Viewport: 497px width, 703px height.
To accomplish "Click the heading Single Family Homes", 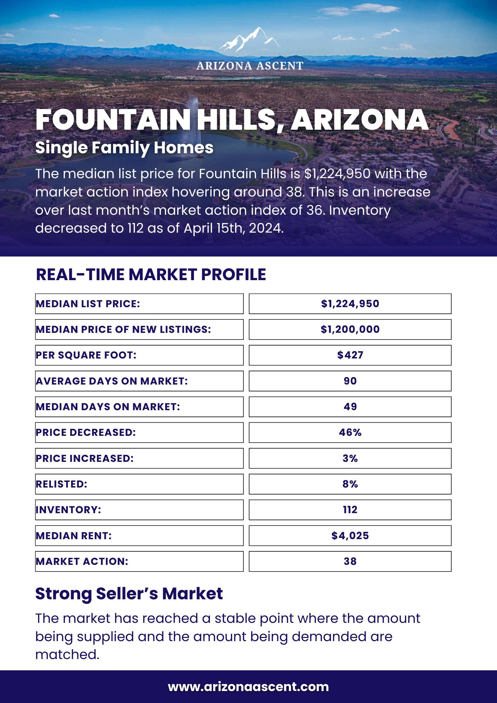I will pyautogui.click(x=124, y=148).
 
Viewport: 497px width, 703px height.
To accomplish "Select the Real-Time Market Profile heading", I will pyautogui.click(x=151, y=275).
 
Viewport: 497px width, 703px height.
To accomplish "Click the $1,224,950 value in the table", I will pyautogui.click(x=350, y=304).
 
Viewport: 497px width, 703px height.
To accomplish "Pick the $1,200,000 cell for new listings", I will pyautogui.click(x=350, y=329).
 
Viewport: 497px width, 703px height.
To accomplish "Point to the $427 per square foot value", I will pyautogui.click(x=350, y=355).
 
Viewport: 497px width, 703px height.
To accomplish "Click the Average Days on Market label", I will pyautogui.click(x=112, y=381).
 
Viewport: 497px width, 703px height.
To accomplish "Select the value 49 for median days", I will pyautogui.click(x=350, y=407).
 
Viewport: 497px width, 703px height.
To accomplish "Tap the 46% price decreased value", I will pyautogui.click(x=350, y=432).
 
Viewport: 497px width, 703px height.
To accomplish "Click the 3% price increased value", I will pyautogui.click(x=350, y=458).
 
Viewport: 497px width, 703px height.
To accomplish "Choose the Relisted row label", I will pyautogui.click(x=62, y=484).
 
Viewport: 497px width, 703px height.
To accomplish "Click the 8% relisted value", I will pyautogui.click(x=350, y=484).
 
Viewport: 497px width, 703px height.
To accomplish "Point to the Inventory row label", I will pyautogui.click(x=69, y=510).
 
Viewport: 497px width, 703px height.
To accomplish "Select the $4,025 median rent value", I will pyautogui.click(x=350, y=536).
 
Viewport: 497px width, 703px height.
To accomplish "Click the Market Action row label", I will pyautogui.click(x=82, y=561).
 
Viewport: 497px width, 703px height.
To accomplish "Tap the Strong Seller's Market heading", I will pyautogui.click(x=129, y=594).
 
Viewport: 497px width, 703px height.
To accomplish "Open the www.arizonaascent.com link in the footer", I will pyautogui.click(x=248, y=686).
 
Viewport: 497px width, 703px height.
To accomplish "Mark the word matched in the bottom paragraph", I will pyautogui.click(x=67, y=654).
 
